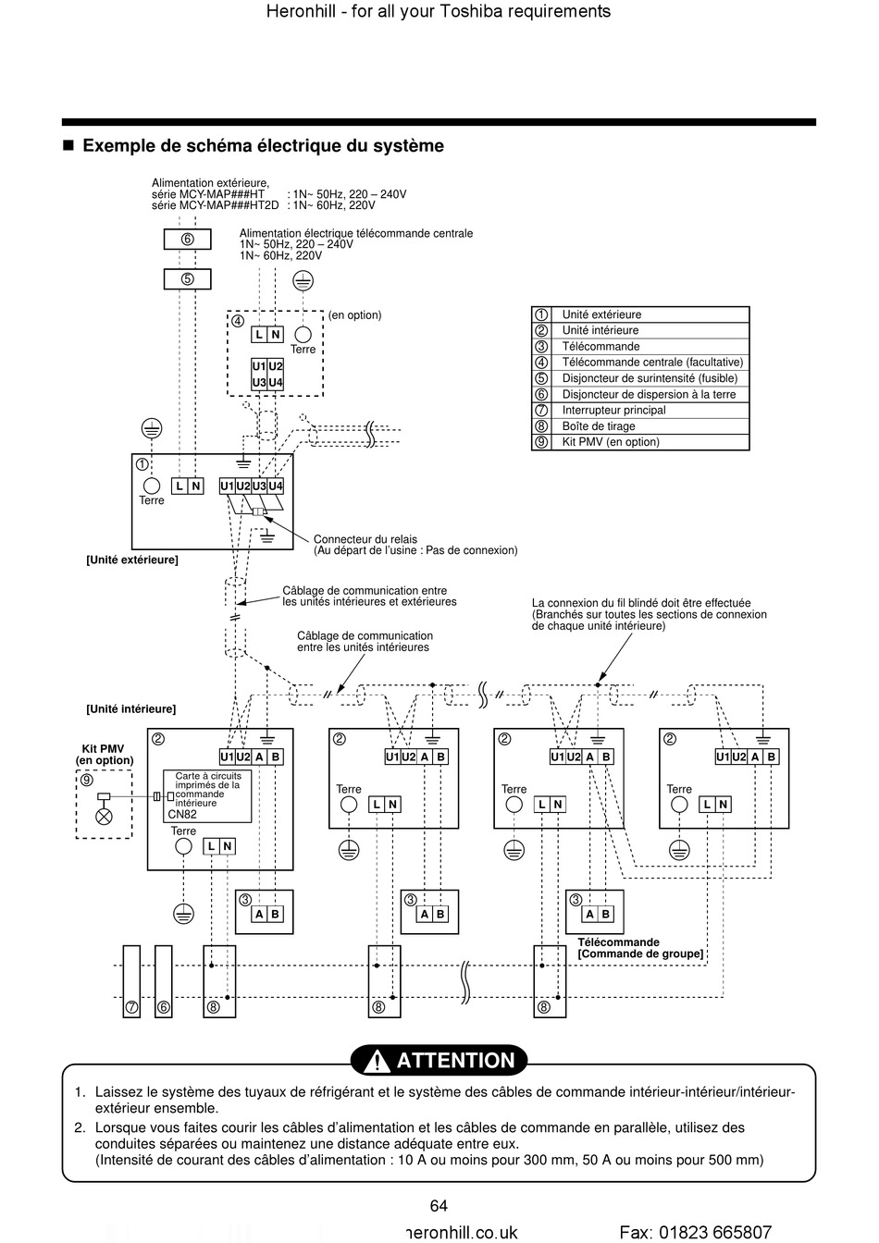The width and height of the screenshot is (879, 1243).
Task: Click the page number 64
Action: point(439,1205)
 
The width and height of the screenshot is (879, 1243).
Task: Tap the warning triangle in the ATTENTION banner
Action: point(378,1061)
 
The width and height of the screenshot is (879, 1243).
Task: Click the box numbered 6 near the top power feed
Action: point(187,240)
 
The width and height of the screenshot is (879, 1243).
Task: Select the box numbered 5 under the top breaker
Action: point(187,278)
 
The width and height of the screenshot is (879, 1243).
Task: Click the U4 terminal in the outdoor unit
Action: point(276,486)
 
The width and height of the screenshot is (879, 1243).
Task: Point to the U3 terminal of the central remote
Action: point(259,382)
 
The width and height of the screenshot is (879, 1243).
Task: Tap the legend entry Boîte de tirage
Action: point(599,426)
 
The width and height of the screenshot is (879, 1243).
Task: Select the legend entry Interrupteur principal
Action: point(613,410)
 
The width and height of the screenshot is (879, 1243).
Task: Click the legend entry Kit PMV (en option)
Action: point(611,442)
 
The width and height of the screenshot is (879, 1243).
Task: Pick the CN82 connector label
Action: point(182,814)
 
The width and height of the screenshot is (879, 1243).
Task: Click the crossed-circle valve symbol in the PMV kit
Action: point(105,817)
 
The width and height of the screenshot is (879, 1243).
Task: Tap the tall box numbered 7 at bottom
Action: point(131,981)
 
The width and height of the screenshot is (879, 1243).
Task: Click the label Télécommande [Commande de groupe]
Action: point(640,948)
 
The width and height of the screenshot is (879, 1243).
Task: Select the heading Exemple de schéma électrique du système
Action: point(263,145)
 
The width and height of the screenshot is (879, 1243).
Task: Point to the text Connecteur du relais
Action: point(365,539)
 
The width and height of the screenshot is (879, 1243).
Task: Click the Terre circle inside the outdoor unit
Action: point(152,486)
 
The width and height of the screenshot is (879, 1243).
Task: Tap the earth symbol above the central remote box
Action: point(303,281)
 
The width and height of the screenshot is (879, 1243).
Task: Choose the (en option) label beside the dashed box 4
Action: point(354,315)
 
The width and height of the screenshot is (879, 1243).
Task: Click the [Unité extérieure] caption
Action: point(132,560)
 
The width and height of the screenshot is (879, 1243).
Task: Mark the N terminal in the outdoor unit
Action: point(195,486)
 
